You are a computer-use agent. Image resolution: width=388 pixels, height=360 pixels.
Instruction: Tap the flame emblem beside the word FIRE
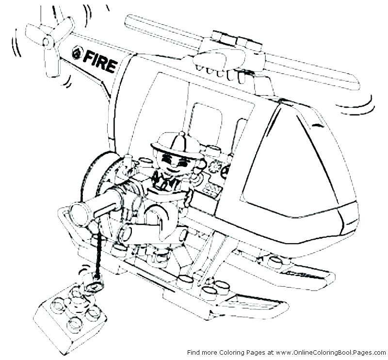tap(77, 53)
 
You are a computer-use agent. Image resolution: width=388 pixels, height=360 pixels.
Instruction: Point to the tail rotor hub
tap(48, 42)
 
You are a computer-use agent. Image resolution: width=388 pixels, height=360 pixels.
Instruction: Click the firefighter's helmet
tap(175, 141)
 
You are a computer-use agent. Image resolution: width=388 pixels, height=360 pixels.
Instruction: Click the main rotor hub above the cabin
tap(228, 51)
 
